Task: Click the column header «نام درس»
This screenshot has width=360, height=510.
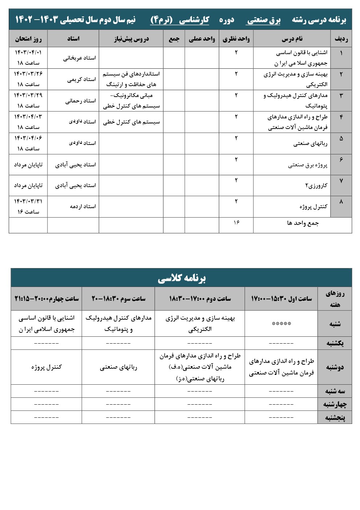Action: pos(292,39)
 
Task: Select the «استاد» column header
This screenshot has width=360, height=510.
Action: pos(73,39)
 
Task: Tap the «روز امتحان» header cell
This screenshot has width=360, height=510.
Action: pos(28,39)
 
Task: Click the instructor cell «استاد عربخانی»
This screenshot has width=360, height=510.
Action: pos(79,58)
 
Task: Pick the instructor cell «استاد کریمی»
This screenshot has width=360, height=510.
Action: pos(81,79)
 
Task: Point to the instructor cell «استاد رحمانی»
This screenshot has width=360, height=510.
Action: pos(81,101)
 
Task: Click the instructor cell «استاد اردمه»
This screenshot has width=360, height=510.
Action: pos(83,206)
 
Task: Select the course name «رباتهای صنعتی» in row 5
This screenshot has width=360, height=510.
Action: pos(310,143)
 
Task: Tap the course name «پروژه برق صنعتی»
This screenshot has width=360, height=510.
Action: pos(308,165)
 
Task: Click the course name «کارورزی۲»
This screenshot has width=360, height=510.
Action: pos(316,186)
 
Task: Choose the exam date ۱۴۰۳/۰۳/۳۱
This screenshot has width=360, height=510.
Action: pos(28,201)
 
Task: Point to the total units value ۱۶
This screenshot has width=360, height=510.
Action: pos(236,222)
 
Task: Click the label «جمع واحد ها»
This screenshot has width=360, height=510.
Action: pos(303,223)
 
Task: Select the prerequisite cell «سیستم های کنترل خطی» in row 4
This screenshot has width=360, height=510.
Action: pos(131,122)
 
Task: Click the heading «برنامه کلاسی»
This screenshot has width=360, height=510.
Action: pos(181,278)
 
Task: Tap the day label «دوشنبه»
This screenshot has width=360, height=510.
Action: pos(335,367)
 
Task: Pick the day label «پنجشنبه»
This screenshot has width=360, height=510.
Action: pos(335,417)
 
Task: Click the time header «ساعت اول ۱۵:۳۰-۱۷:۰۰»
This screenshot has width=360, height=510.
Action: pos(281,299)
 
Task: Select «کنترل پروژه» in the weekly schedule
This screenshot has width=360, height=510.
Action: pos(46,367)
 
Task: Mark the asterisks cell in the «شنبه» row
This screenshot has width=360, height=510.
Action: pos(281,324)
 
